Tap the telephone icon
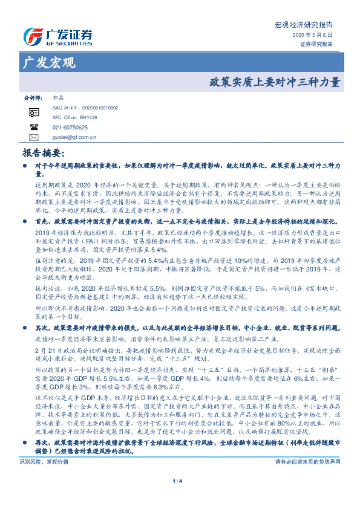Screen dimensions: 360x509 click(33, 128)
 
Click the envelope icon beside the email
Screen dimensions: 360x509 click(33, 138)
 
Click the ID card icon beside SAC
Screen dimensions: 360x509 click(33, 112)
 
